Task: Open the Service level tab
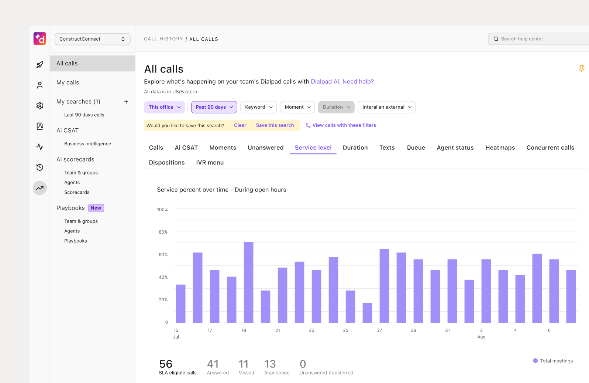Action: pyautogui.click(x=313, y=148)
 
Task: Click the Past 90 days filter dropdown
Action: pyautogui.click(x=214, y=107)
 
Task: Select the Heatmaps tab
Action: pyautogui.click(x=500, y=148)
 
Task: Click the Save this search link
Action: pyautogui.click(x=275, y=125)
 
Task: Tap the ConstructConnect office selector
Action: pyautogui.click(x=93, y=39)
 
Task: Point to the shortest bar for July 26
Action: pyautogui.click(x=367, y=313)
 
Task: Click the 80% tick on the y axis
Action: pyautogui.click(x=163, y=232)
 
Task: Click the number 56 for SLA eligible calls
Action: pyautogui.click(x=166, y=364)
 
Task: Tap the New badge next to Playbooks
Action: pyautogui.click(x=96, y=208)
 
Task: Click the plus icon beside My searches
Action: pyautogui.click(x=126, y=102)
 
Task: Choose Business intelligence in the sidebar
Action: pyautogui.click(x=87, y=144)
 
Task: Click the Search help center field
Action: pyautogui.click(x=539, y=39)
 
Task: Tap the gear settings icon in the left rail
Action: pyautogui.click(x=40, y=106)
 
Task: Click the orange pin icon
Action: pyautogui.click(x=581, y=68)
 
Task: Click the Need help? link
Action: pyautogui.click(x=358, y=82)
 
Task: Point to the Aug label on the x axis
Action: pyautogui.click(x=481, y=337)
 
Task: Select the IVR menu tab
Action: pyautogui.click(x=210, y=163)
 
